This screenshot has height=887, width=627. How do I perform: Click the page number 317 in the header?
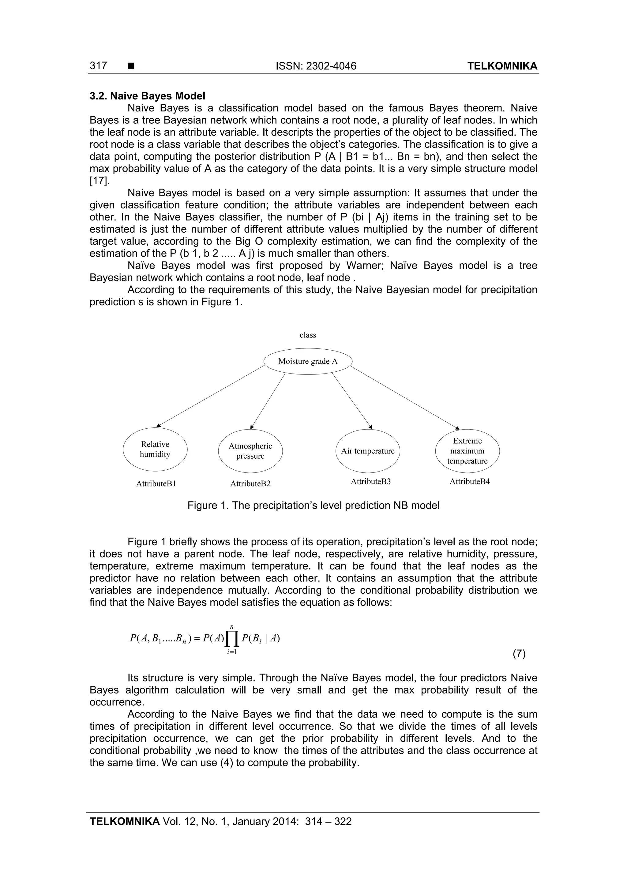98,66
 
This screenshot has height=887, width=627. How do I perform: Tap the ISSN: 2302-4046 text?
316,66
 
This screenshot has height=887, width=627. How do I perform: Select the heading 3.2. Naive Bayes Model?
147,96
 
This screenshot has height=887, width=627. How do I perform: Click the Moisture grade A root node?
308,361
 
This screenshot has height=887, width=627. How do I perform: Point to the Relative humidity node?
155,449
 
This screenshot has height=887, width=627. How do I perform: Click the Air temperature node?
368,451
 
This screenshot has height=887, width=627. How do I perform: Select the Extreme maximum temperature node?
467,451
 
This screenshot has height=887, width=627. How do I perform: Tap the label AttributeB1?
156,484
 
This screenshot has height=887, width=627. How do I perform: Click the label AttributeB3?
370,481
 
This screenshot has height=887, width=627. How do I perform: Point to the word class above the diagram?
308,335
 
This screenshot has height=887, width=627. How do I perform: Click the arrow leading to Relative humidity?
211,396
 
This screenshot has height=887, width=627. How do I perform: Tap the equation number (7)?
519,653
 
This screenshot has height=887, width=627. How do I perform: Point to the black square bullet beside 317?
131,66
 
